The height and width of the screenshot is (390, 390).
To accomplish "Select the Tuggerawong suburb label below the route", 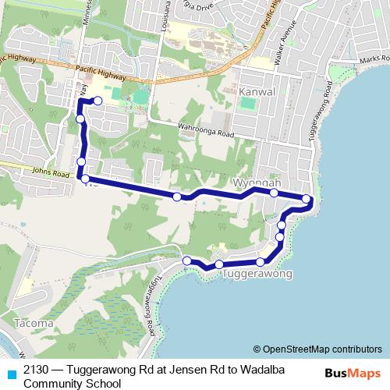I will click(257, 275).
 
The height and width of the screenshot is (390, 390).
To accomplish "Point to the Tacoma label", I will click(32, 322).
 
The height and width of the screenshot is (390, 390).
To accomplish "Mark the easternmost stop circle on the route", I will click(307, 199).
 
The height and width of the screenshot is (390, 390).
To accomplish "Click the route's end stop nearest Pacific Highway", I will click(97, 101).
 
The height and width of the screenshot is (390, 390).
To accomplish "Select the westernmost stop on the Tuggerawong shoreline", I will click(187, 261).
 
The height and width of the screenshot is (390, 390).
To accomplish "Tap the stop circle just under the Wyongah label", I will click(275, 193).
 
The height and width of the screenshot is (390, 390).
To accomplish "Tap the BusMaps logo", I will click(352, 373).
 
